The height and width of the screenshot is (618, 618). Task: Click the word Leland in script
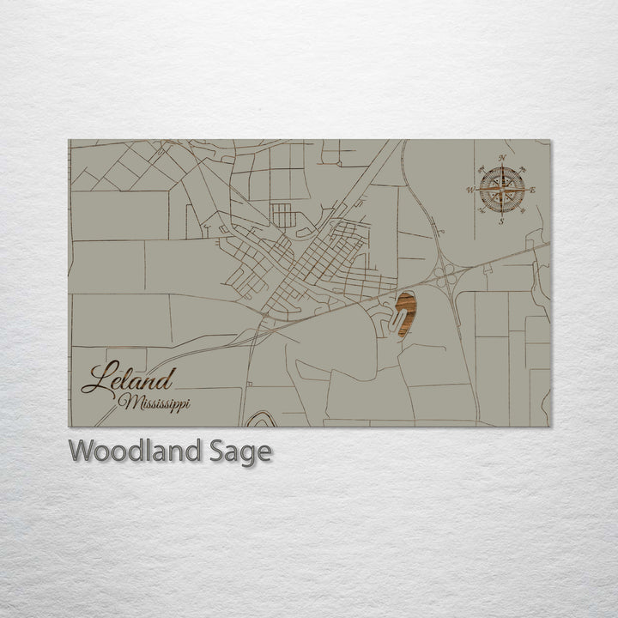coord(129,379)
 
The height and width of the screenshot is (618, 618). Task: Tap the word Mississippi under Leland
coord(155,403)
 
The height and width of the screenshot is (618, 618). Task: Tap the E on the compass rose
coord(533,190)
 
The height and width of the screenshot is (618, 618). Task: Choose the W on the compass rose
coord(470,190)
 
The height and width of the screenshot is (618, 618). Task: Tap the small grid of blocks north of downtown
coord(283,215)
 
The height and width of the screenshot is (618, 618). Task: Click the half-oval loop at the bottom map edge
coord(262,420)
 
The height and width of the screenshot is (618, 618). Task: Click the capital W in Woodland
coord(80,451)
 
